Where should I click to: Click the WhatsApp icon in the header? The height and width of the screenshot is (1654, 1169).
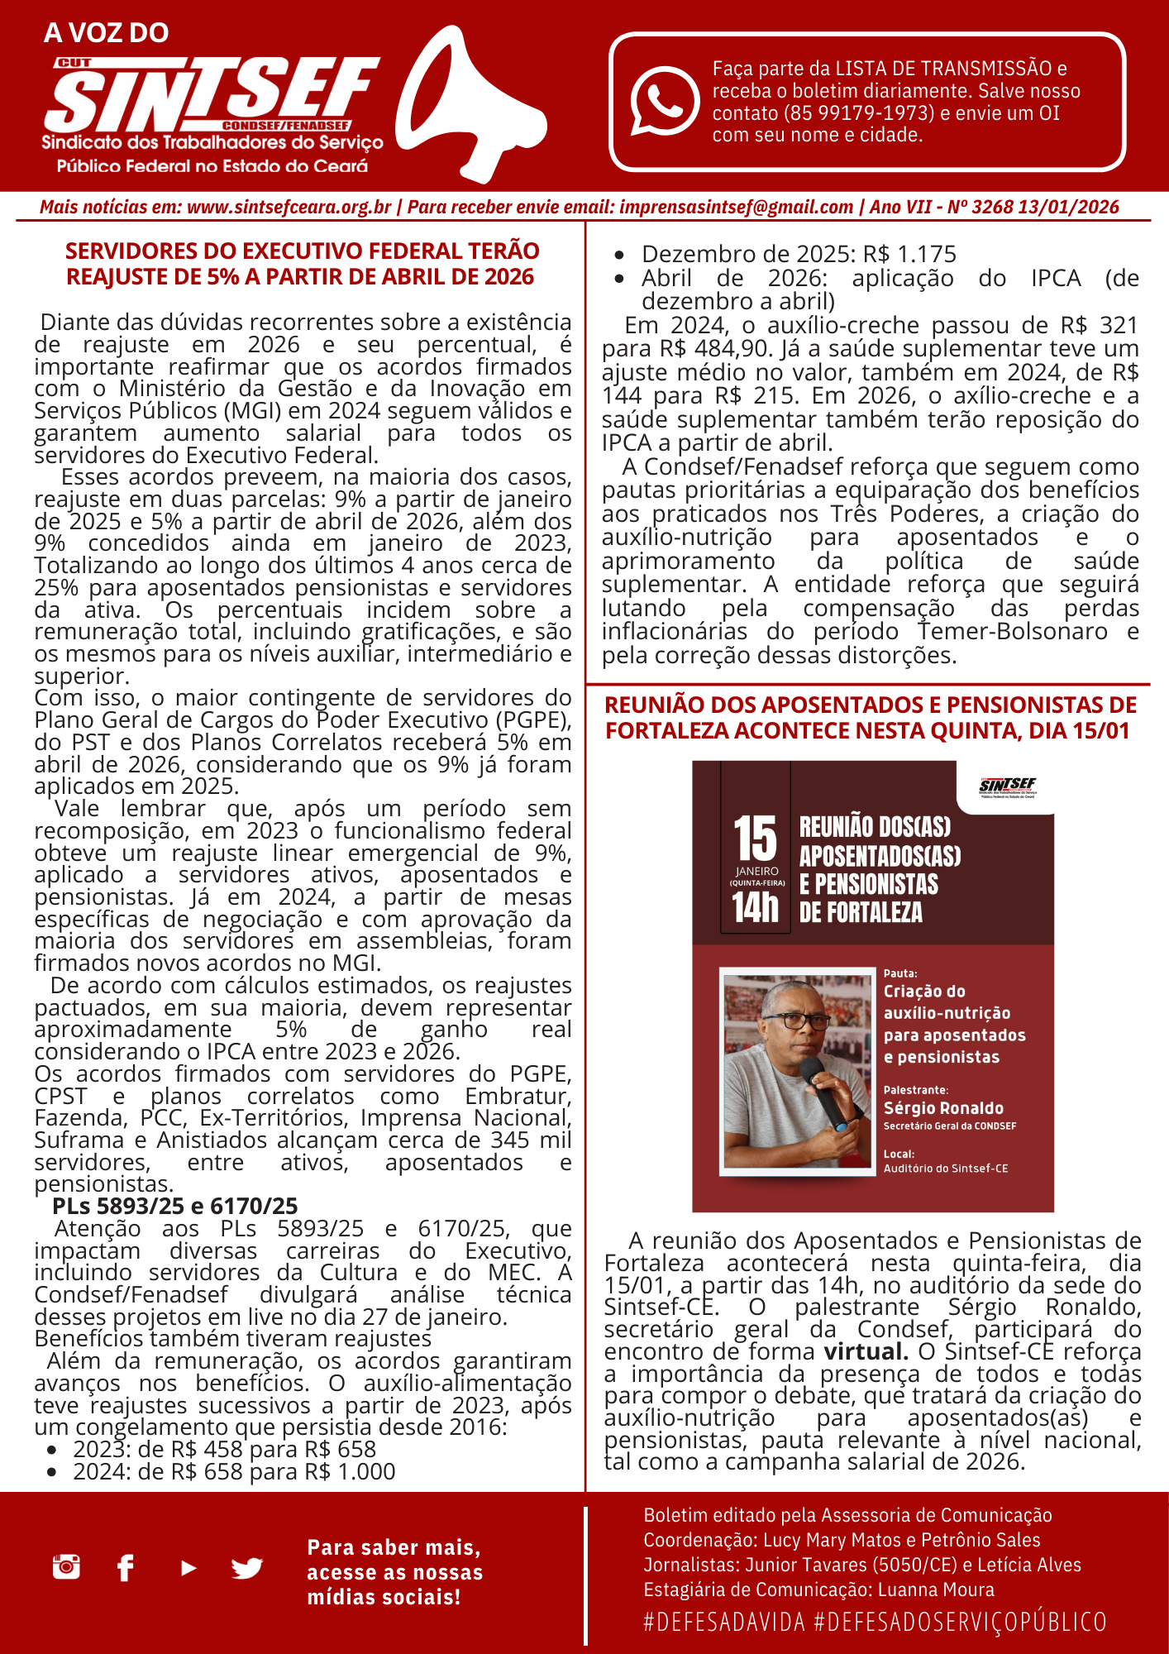[665, 101]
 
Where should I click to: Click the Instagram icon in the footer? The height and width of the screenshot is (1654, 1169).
[66, 1566]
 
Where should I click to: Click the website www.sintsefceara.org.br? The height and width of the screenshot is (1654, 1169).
[289, 207]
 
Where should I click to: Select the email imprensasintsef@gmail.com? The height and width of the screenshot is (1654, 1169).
[736, 207]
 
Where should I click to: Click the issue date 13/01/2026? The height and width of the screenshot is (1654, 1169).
[1068, 207]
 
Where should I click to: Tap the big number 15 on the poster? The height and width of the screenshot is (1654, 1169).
[755, 839]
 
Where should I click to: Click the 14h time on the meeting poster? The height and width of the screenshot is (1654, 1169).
[755, 907]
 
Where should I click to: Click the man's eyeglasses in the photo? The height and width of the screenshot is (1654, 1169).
[793, 1021]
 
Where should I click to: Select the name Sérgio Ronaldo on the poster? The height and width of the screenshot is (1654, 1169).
[943, 1108]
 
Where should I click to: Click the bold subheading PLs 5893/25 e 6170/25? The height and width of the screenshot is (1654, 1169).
[174, 1206]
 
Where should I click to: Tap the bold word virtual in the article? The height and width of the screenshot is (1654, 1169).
[865, 1351]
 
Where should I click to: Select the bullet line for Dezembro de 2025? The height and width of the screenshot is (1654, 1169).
[799, 254]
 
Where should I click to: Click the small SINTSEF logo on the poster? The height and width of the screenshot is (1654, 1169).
[1007, 786]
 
